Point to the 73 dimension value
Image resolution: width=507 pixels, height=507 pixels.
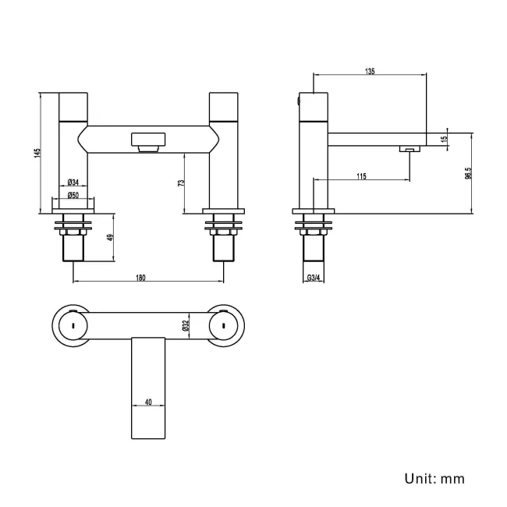coord(181,183)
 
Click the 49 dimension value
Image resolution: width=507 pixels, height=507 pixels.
coord(110,237)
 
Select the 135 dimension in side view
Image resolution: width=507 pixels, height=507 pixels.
coord(370,71)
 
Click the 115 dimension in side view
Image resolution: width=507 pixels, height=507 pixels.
coord(361,177)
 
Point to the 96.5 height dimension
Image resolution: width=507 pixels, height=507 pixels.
coord(467,173)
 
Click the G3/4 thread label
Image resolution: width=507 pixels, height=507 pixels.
coord(315,278)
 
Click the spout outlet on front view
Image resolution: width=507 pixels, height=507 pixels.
coord(147,143)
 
